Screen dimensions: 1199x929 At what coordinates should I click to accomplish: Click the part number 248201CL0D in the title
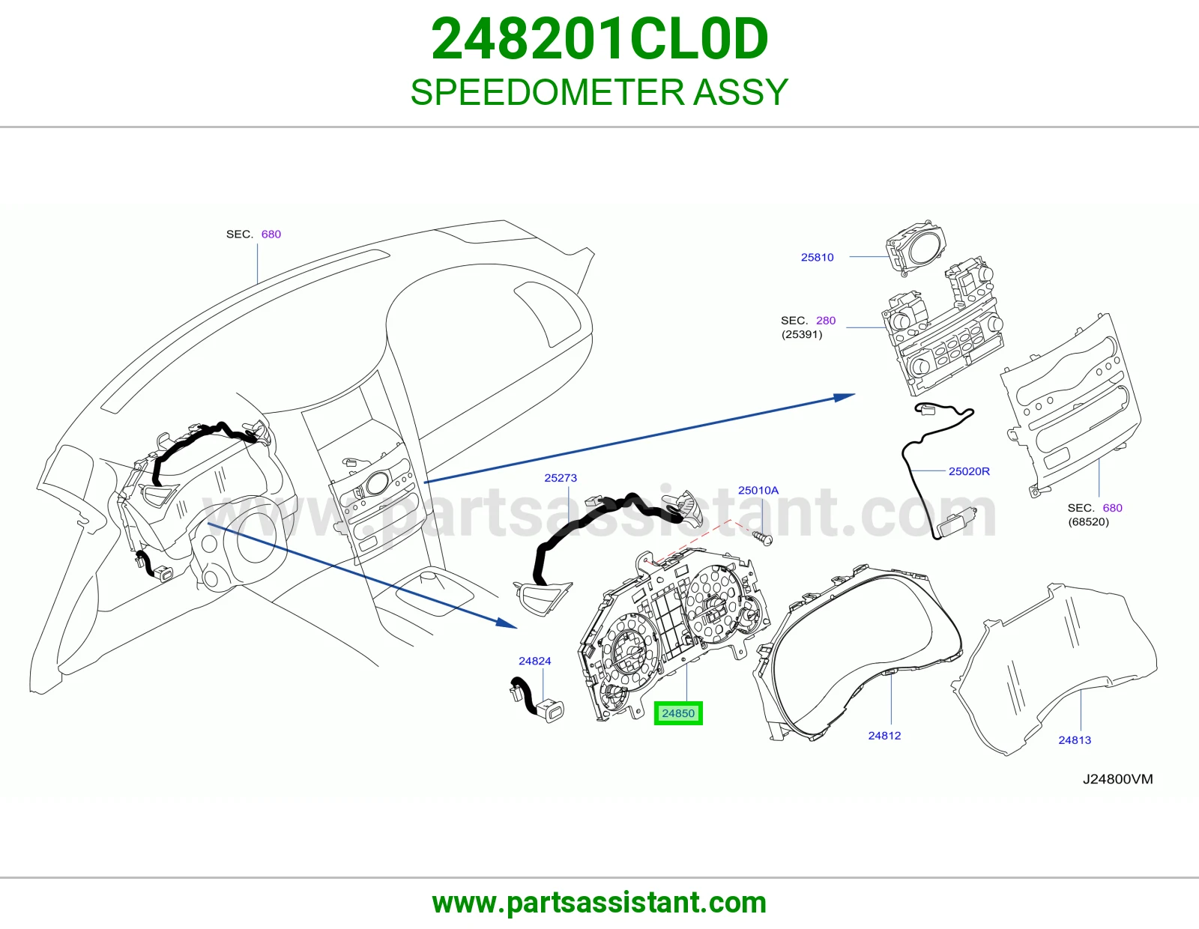click(599, 39)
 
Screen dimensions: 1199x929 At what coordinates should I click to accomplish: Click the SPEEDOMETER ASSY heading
click(599, 92)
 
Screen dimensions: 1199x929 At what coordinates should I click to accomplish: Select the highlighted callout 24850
click(678, 713)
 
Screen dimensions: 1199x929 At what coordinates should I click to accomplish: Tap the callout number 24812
click(884, 736)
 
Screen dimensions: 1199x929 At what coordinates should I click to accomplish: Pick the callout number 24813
click(1075, 740)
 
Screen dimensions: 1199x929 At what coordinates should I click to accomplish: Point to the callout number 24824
click(534, 661)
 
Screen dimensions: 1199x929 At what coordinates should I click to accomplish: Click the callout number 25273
click(561, 478)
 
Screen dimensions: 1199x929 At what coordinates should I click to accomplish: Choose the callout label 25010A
click(758, 491)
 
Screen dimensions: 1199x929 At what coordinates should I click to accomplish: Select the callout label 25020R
click(970, 471)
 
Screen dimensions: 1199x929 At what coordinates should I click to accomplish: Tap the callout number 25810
click(817, 257)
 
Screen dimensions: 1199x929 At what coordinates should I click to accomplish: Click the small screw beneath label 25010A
click(764, 539)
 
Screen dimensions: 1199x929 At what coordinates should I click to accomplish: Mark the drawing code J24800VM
click(1118, 779)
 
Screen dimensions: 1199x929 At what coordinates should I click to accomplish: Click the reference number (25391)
click(802, 334)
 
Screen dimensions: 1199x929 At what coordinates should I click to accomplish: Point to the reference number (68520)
click(1089, 522)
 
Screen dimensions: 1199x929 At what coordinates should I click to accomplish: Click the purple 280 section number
click(826, 321)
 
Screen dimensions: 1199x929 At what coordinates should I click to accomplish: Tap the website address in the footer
click(599, 903)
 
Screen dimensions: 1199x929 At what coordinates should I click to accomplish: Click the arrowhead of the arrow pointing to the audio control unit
click(845, 396)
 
